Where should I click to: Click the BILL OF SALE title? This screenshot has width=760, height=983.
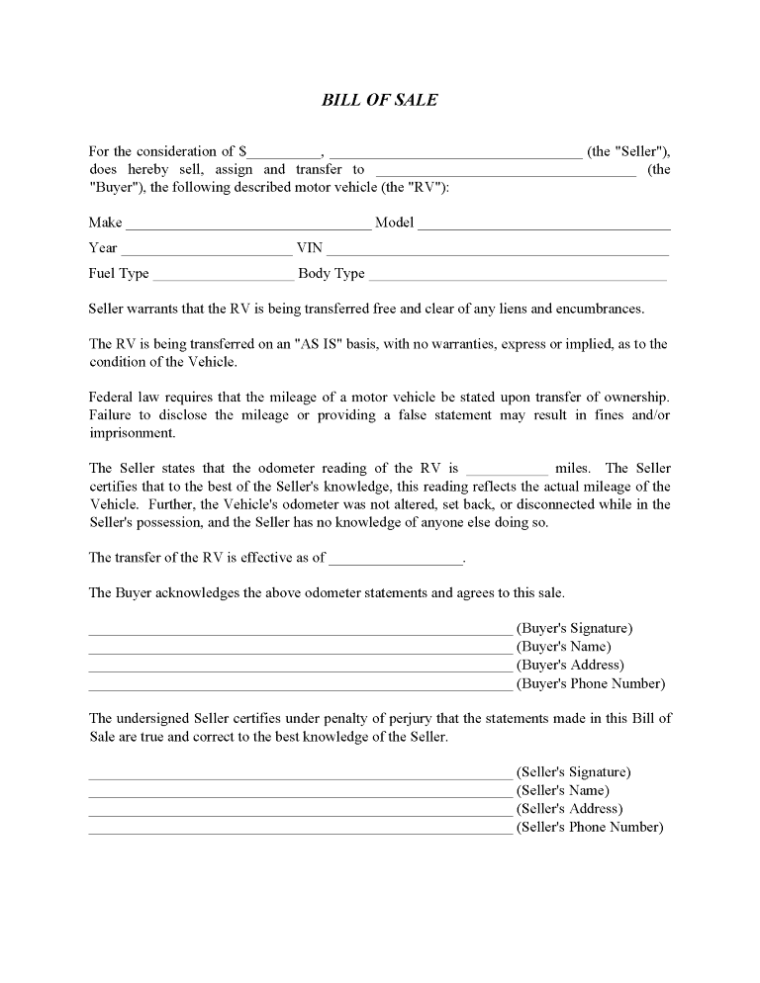380,100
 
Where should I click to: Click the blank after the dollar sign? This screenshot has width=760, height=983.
284,154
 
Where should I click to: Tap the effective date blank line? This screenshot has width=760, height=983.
396,561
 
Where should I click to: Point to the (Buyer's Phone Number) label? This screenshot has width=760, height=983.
591,683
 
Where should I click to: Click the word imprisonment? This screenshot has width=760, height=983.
132,433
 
